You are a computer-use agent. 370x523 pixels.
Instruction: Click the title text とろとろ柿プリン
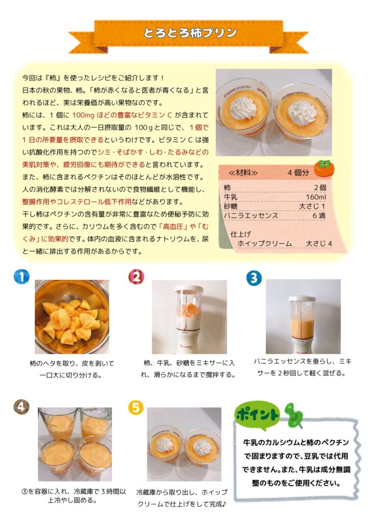point(190,33)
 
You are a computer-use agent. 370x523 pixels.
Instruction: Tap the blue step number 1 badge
point(21,276)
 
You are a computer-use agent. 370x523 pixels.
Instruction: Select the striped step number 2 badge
point(136,277)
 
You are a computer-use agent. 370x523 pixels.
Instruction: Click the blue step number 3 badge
point(254,278)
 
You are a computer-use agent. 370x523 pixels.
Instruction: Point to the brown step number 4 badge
point(21,407)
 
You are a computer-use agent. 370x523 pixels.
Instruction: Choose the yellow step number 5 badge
point(136,407)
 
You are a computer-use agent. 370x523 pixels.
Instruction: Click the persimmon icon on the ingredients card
point(325,169)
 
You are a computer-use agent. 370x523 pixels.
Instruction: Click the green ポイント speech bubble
point(257,415)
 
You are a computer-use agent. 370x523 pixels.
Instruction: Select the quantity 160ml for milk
point(316,197)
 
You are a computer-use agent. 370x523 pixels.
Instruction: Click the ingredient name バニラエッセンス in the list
point(251,216)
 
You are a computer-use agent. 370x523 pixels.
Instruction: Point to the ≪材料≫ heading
point(243,173)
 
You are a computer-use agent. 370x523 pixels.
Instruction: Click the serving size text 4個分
point(298,173)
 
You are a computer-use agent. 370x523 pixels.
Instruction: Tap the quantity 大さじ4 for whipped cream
point(319,244)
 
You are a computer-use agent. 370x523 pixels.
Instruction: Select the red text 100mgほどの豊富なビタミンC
point(122,115)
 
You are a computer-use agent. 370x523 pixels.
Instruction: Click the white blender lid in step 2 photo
point(189,289)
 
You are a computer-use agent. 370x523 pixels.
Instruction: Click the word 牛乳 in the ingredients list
point(230,197)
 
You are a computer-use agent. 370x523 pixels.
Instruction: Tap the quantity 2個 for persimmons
point(320,187)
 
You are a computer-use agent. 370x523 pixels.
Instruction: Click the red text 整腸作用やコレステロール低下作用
point(77,202)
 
